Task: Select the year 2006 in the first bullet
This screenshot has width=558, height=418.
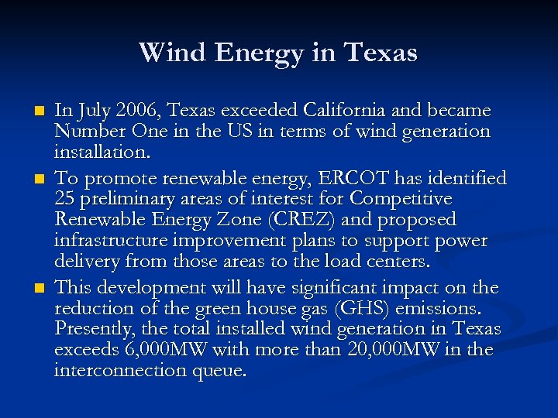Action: [x=136, y=111]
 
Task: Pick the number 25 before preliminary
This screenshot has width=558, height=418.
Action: [x=64, y=199]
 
